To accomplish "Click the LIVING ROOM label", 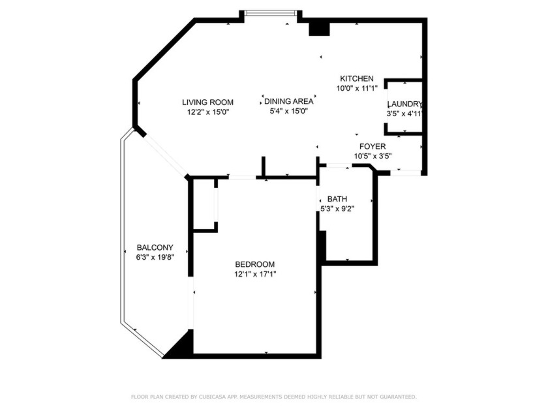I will click(x=207, y=102).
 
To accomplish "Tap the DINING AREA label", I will click(x=288, y=101).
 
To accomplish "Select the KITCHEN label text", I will click(x=356, y=78).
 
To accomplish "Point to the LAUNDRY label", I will click(x=405, y=104).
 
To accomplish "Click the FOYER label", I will click(x=373, y=146).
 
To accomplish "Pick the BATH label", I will click(x=337, y=199).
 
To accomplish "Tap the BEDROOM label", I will click(x=254, y=264).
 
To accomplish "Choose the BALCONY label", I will click(x=155, y=247).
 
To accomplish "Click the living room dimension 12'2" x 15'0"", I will click(x=207, y=112).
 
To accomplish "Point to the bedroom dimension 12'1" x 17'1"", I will click(x=255, y=274).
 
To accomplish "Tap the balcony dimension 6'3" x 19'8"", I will click(x=155, y=257).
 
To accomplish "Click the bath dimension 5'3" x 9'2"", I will click(x=337, y=209).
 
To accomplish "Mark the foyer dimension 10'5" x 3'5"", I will click(x=373, y=156).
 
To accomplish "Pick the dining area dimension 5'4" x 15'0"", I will click(x=288, y=111).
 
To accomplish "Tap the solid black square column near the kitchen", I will click(x=318, y=27).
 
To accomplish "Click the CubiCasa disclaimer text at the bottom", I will click(x=273, y=397).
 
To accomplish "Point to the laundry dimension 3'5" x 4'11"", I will click(x=405, y=114).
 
